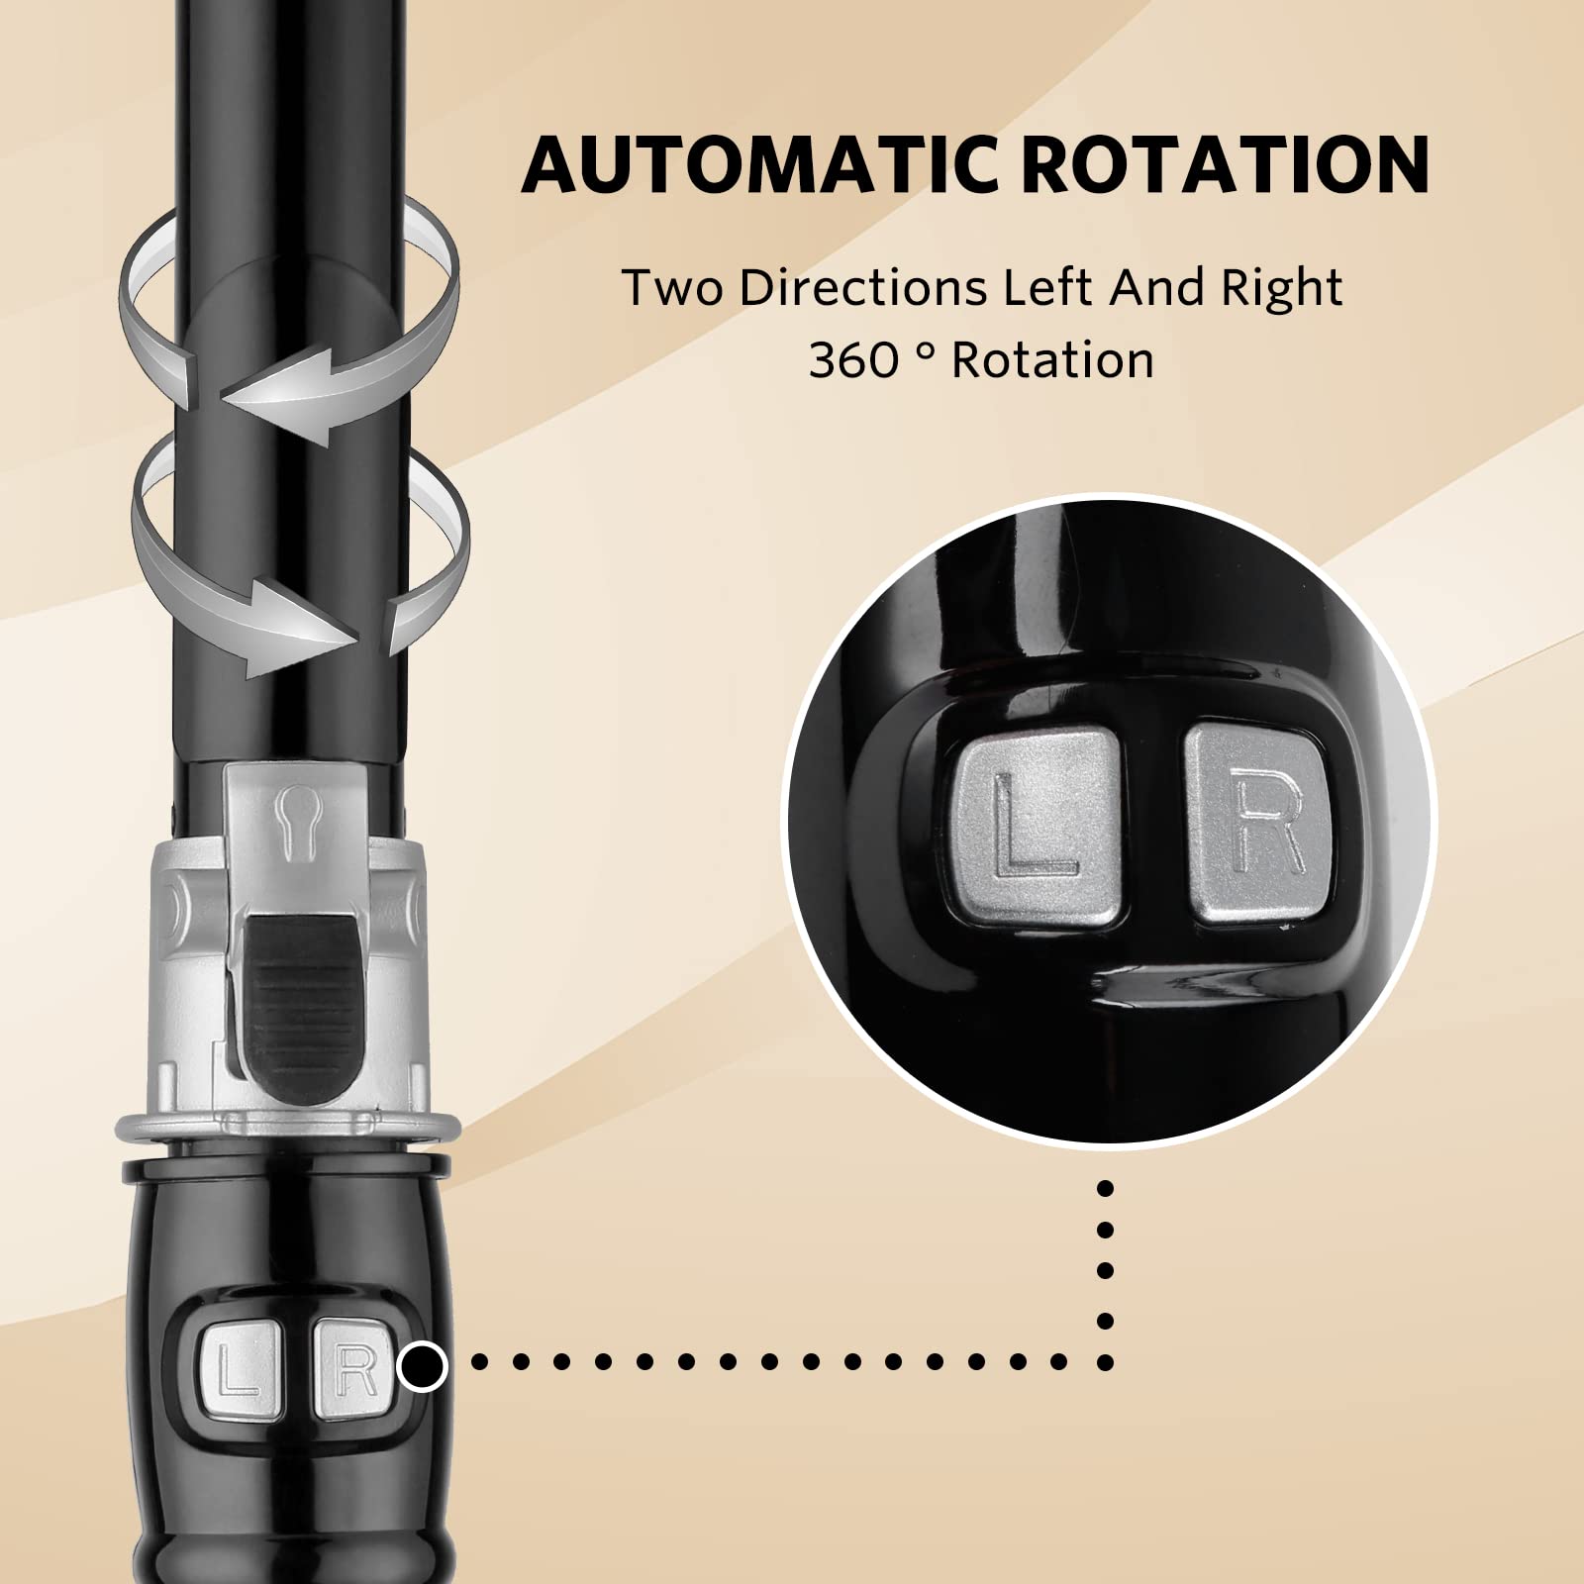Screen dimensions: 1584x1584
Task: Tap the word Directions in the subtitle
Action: tap(858, 287)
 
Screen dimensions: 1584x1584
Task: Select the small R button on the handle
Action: tap(351, 1367)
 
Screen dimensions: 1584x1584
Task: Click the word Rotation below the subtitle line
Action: tap(1052, 359)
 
